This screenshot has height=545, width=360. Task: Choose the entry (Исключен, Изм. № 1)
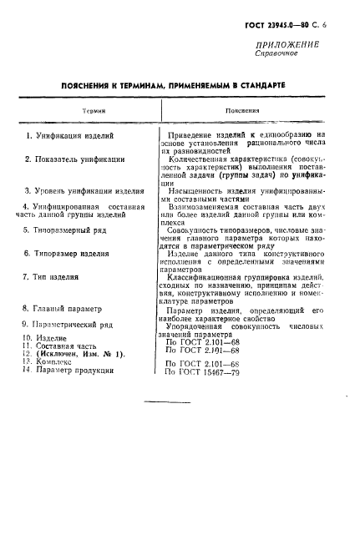[x=79, y=354]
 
